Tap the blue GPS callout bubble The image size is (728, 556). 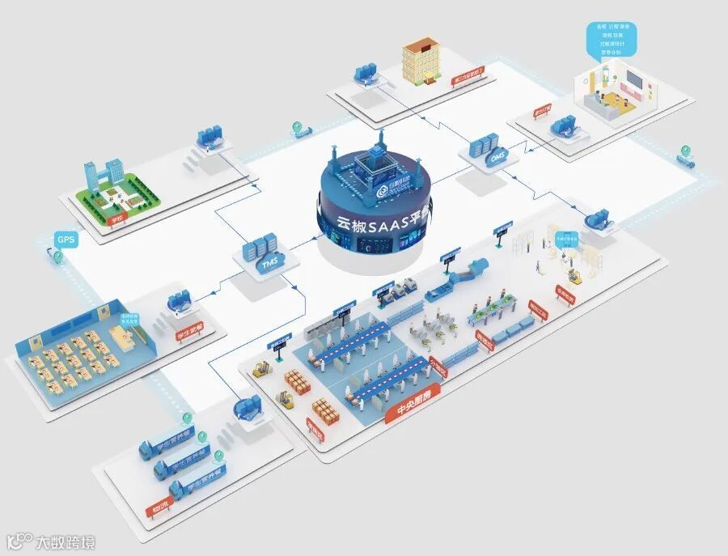coord(65,240)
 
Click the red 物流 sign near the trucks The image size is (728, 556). coord(159,510)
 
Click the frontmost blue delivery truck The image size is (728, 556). coord(197,482)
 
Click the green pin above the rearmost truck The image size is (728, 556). coord(188,418)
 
